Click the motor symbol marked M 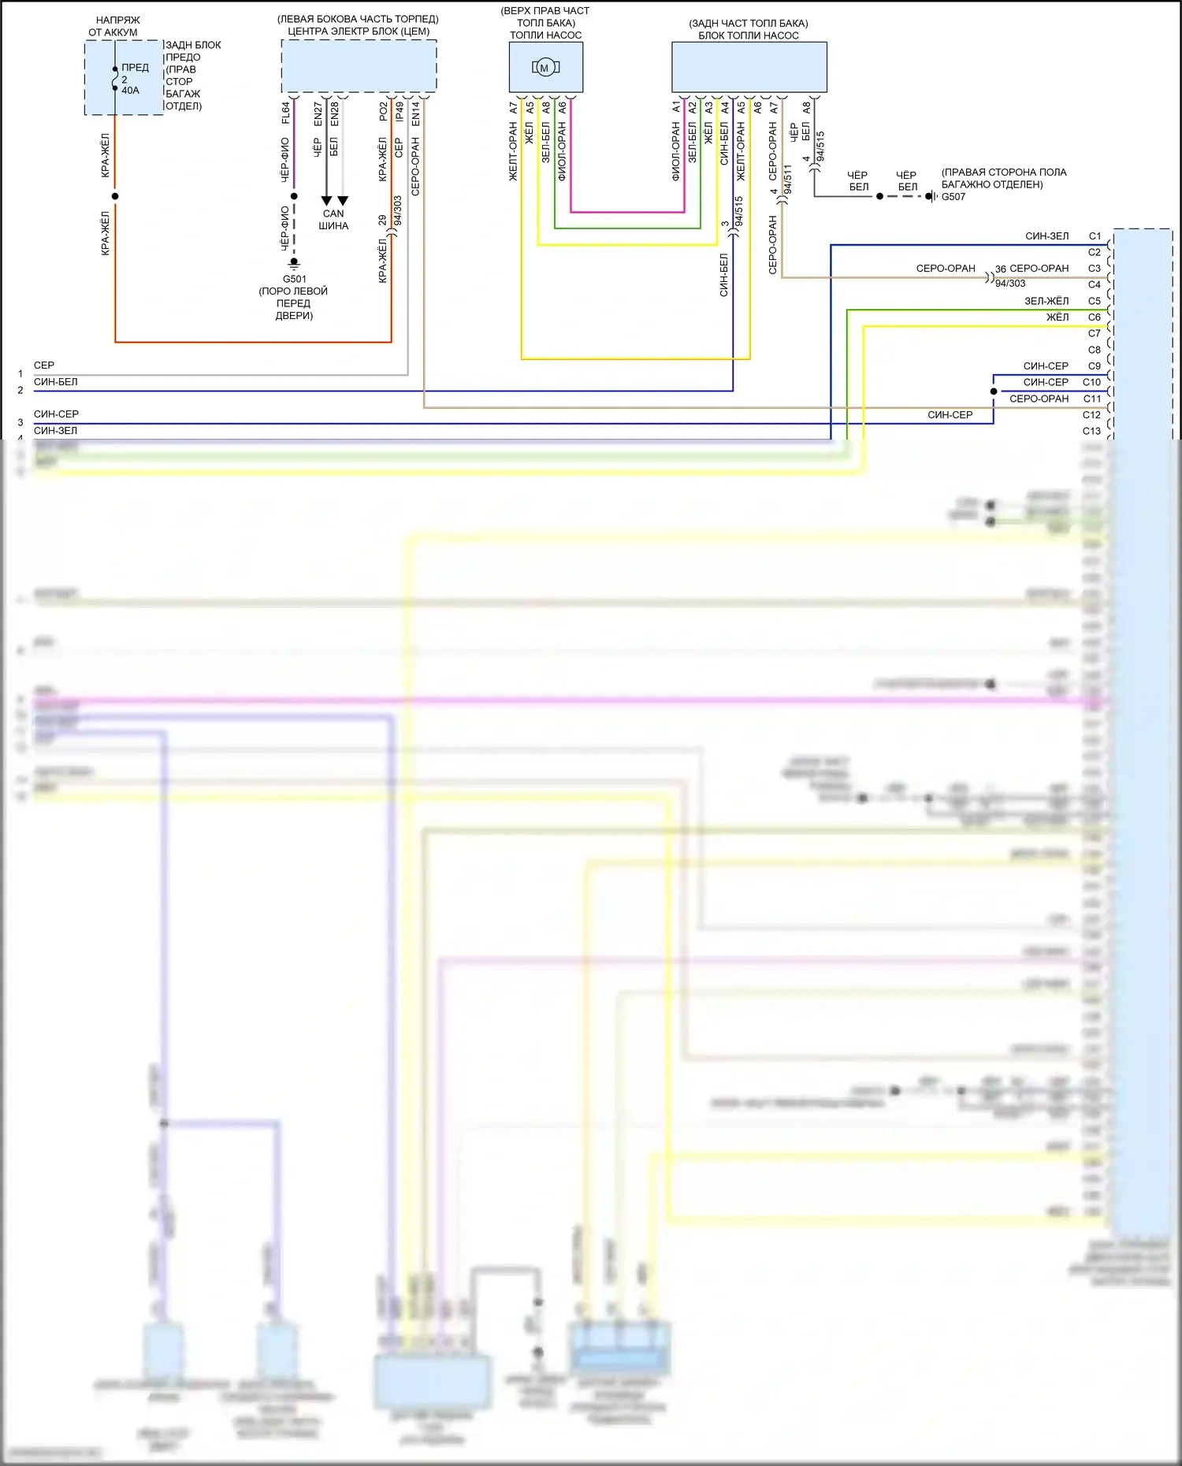point(545,68)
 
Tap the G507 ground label point(953,197)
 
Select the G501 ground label point(294,279)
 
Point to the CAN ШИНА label point(333,220)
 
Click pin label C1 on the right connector point(1095,236)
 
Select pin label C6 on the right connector point(1095,317)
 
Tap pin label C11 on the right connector point(1092,399)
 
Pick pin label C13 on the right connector point(1091,431)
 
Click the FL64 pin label point(285,113)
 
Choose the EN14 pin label point(415,113)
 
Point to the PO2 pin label point(383,112)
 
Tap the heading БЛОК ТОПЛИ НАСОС point(748,35)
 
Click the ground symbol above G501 point(294,263)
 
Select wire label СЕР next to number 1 point(44,366)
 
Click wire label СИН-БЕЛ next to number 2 point(55,382)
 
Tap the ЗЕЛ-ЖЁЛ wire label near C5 point(1046,301)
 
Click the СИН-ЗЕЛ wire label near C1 point(1046,236)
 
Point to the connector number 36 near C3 point(1000,269)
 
